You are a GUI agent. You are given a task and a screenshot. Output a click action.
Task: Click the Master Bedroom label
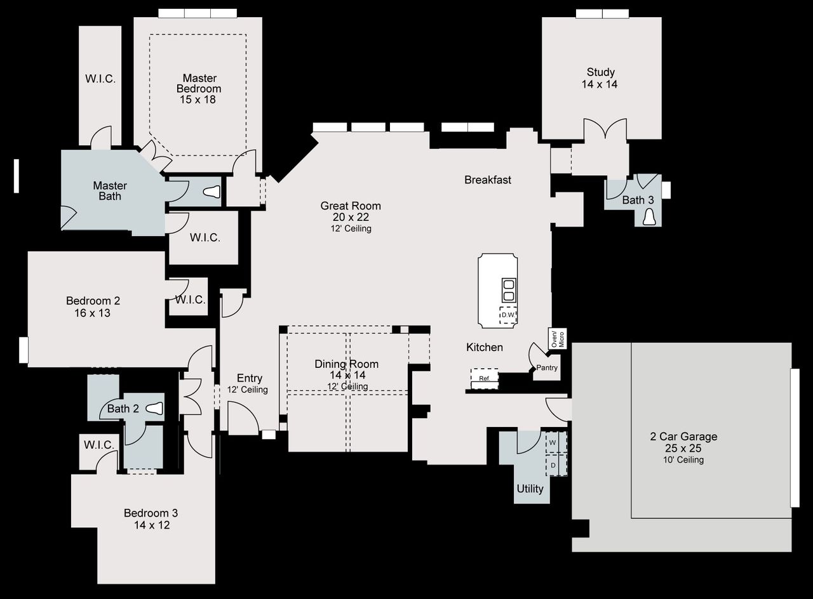point(199,88)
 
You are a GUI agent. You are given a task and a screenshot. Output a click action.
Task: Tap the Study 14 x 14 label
point(600,78)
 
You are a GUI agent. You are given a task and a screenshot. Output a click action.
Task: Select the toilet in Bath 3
point(649,217)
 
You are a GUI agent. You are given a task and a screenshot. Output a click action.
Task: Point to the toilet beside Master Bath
point(213,192)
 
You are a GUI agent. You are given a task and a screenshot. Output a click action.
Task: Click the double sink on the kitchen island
point(508,289)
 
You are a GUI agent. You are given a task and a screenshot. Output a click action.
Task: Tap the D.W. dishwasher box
point(507,315)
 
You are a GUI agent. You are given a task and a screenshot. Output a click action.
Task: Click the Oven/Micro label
point(556,338)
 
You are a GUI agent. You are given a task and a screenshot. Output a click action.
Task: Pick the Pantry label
point(546,367)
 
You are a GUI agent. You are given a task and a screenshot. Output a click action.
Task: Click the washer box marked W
point(553,442)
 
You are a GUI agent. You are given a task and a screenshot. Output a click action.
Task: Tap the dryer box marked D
point(553,465)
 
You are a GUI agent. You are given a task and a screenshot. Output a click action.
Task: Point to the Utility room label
point(530,489)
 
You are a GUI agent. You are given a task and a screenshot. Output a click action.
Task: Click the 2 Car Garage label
point(683,437)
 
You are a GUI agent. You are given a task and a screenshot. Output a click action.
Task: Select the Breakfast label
point(487,180)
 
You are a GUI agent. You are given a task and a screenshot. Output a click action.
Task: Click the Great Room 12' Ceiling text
point(351,228)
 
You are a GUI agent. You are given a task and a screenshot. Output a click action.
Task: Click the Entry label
point(249,378)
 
